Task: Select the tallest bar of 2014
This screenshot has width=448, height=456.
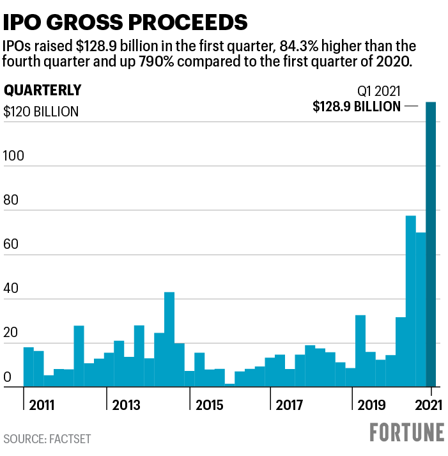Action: click(x=169, y=339)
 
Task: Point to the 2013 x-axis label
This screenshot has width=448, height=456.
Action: click(x=126, y=405)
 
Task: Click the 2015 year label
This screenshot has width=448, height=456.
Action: click(x=209, y=405)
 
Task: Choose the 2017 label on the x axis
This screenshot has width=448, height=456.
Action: click(x=288, y=405)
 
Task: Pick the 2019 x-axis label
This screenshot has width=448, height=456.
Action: click(x=371, y=405)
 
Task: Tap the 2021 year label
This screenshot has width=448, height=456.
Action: click(x=429, y=405)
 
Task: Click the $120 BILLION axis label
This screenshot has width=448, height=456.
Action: click(x=41, y=111)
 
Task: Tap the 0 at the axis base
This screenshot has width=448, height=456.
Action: click(x=8, y=377)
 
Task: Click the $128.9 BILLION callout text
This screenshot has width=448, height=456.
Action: click(x=357, y=107)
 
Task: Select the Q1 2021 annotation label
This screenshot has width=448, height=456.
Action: click(x=378, y=91)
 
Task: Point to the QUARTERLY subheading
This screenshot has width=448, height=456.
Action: click(x=43, y=90)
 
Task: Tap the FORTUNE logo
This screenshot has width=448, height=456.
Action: click(x=407, y=432)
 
